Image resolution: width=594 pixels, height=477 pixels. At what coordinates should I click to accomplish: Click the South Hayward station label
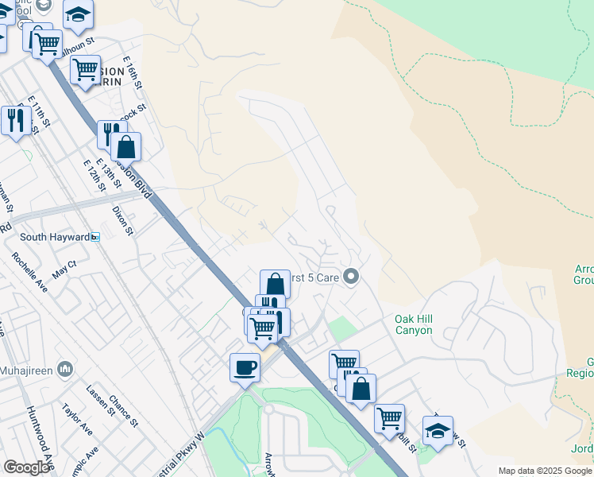[x=54, y=237]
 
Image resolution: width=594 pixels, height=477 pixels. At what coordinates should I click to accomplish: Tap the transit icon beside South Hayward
[x=95, y=237]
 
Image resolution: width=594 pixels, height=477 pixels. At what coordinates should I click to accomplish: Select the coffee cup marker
[x=245, y=367]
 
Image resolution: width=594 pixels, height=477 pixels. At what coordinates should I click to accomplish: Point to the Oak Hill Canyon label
[x=414, y=324]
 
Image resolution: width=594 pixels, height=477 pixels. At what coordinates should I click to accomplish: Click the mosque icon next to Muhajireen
[x=65, y=369]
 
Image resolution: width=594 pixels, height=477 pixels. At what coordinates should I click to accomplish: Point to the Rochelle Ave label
[x=29, y=272]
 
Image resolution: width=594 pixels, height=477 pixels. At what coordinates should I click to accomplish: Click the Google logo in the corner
[x=26, y=467]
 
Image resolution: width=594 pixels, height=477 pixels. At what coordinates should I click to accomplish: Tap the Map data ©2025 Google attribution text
[x=545, y=471]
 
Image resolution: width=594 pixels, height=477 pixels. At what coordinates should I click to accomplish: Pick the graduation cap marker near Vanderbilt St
[x=438, y=430]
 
